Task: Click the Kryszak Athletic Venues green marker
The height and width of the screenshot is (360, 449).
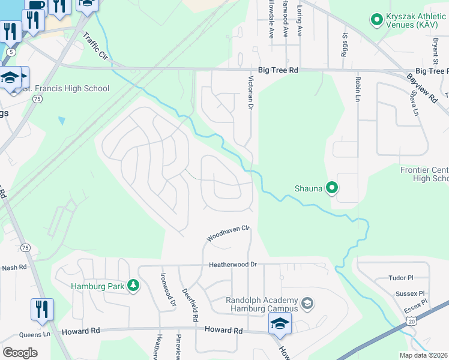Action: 377,20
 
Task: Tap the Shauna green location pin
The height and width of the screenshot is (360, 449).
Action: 332,188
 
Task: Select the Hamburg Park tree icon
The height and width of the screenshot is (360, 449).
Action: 134,286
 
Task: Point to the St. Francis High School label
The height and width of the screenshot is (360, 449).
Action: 66,89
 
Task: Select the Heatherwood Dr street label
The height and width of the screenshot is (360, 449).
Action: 232,265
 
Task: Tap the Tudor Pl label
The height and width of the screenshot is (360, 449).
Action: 402,278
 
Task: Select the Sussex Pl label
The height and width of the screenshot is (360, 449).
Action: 410,294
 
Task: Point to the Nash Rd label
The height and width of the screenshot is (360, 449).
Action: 14,268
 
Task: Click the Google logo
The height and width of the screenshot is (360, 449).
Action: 20,352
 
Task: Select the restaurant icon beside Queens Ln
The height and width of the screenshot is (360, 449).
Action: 42,310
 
